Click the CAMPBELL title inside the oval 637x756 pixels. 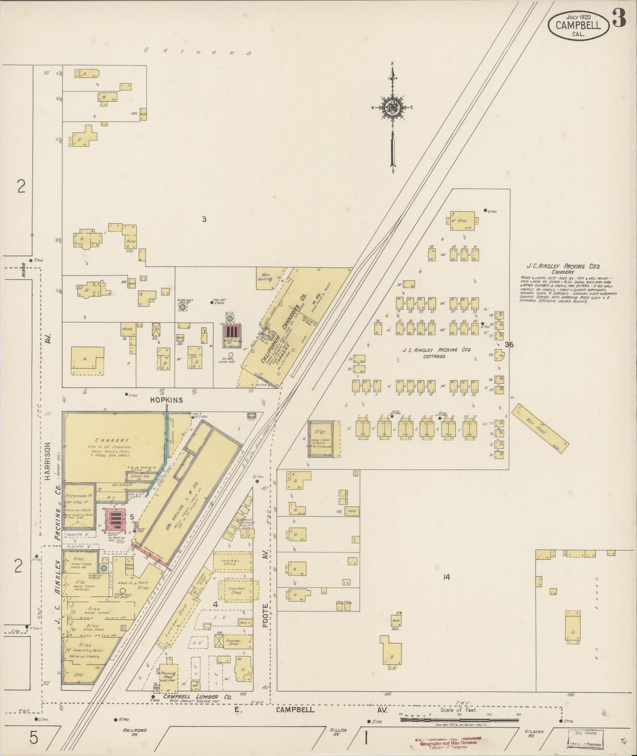pyautogui.click(x=578, y=26)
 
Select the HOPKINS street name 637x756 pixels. pyautogui.click(x=166, y=400)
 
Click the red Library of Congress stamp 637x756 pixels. pyautogui.click(x=448, y=742)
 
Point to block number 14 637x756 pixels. pyautogui.click(x=446, y=577)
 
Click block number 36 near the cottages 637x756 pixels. pyautogui.click(x=509, y=345)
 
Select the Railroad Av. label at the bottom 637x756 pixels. pyautogui.click(x=135, y=733)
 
